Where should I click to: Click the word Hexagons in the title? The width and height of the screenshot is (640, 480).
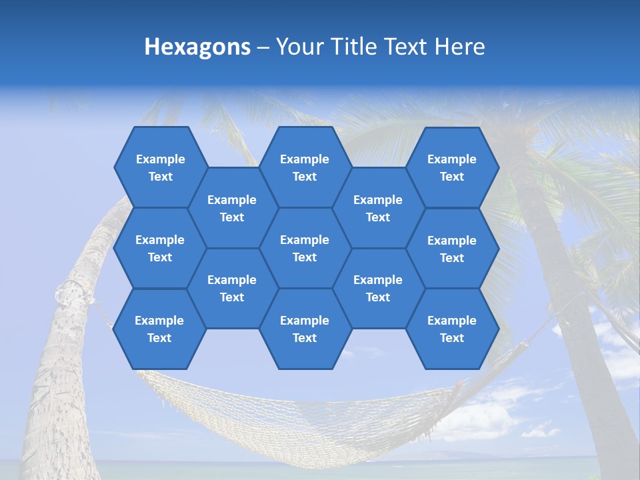pos(197,47)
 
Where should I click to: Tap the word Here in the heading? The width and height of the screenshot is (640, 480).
pos(459,47)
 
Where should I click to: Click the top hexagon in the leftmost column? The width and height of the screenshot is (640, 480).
pos(160,167)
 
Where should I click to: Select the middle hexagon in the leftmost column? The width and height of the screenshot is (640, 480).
pos(160,248)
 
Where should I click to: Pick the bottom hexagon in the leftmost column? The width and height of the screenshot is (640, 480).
pos(159,329)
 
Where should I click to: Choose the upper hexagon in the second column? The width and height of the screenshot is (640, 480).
pos(232,208)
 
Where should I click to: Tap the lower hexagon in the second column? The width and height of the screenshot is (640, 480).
pos(232,288)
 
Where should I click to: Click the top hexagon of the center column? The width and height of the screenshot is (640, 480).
pos(305,167)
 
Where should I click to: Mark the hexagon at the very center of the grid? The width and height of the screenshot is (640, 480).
pos(305,248)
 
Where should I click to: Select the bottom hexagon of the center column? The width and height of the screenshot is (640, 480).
pos(305,329)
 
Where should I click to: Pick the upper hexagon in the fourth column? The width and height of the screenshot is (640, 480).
pos(378,208)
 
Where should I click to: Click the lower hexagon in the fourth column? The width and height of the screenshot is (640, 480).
pos(378,288)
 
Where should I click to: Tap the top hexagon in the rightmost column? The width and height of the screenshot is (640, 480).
pos(452,167)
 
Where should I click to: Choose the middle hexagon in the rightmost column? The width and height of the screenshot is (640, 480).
pos(452,249)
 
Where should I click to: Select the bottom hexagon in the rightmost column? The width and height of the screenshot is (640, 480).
pos(452,329)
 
